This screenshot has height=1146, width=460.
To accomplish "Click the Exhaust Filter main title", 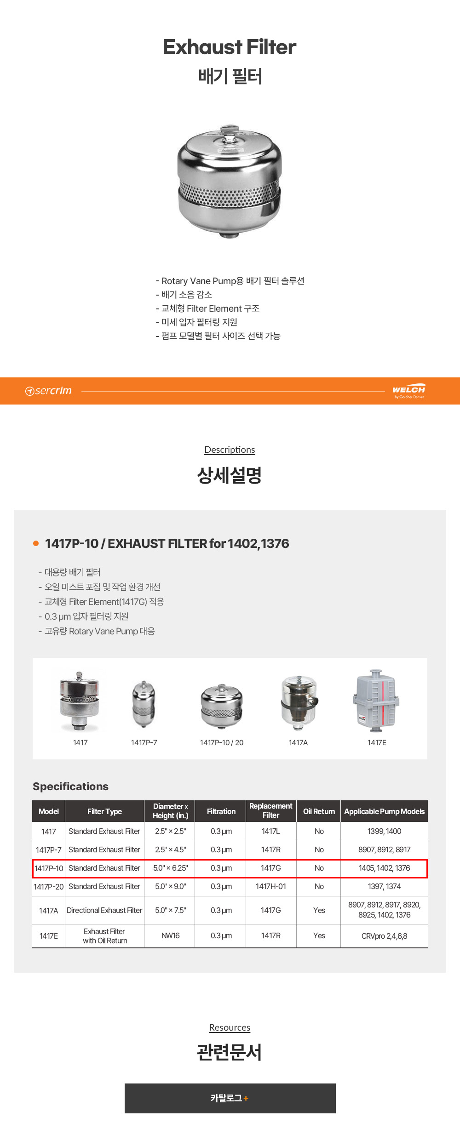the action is click(230, 47).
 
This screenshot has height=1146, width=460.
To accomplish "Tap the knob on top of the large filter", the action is click(229, 129).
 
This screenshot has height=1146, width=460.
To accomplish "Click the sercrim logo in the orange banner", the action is click(48, 391).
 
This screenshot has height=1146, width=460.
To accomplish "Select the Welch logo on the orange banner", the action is click(409, 391).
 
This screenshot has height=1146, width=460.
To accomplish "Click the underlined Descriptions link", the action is click(230, 450).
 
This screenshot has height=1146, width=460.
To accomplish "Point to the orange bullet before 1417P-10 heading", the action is click(36, 543).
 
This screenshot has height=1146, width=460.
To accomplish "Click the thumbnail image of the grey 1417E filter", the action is click(376, 701).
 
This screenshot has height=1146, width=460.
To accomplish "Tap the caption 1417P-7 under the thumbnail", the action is click(144, 742).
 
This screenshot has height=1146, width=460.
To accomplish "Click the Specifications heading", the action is click(70, 787).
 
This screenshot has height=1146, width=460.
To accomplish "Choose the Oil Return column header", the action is click(319, 811).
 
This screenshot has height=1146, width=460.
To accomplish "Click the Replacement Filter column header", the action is click(271, 811).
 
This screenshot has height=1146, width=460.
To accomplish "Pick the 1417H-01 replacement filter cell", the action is click(271, 886).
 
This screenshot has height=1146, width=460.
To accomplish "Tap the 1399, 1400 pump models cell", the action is click(384, 831).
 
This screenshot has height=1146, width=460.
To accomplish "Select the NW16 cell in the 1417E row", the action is click(170, 935).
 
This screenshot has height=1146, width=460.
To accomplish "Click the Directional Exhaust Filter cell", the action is click(104, 910).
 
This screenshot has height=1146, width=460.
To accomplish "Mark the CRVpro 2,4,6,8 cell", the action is click(384, 936).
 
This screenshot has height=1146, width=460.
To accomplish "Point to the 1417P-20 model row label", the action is click(49, 886).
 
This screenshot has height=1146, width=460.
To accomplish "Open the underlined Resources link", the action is click(230, 1027).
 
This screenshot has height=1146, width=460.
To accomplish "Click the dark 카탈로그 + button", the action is click(230, 1098).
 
